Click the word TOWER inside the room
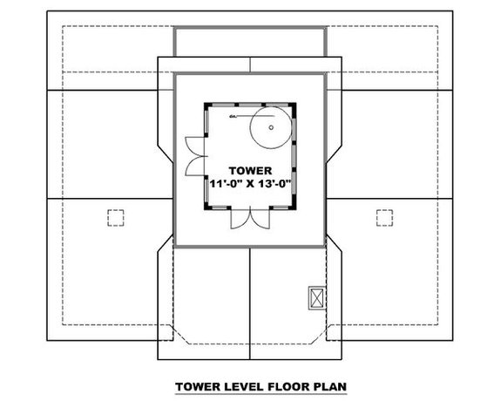[251, 170]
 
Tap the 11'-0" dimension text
[227, 184]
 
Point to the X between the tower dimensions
[252, 184]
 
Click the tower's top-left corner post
[206, 105]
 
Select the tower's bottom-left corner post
[206, 208]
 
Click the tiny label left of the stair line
[233, 115]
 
